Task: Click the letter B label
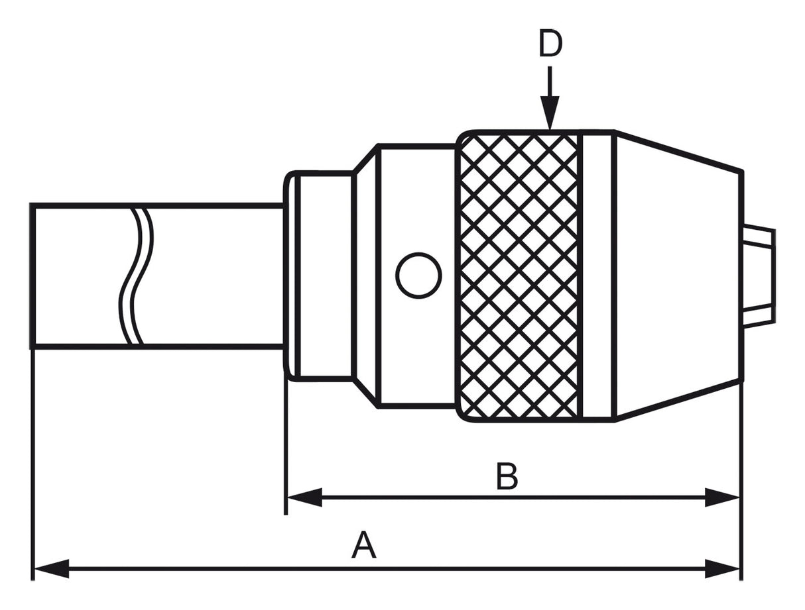(507, 476)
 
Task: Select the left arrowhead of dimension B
(304, 497)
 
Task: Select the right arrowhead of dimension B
(722, 497)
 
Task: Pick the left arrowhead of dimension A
(51, 568)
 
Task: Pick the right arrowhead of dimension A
(722, 568)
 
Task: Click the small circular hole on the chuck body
(418, 276)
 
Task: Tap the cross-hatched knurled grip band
(519, 276)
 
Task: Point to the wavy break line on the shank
(136, 276)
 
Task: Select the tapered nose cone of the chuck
(676, 276)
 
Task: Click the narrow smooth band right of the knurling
(597, 276)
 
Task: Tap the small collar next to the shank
(322, 276)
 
